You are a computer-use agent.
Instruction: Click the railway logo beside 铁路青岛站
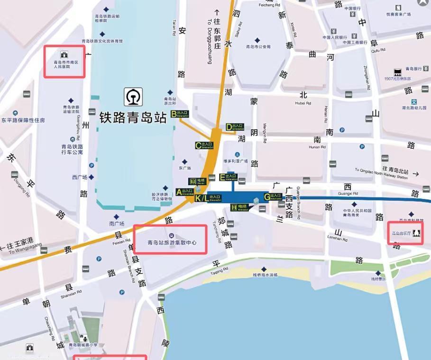click(x=133, y=97)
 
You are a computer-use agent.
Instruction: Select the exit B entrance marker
click(x=180, y=114)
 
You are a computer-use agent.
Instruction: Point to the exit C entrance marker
click(x=205, y=145)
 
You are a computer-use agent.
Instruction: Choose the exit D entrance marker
click(x=235, y=127)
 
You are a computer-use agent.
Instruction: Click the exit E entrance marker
click(x=229, y=178)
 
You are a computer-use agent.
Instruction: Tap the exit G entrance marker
click(x=273, y=196)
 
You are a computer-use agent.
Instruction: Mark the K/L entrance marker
click(x=208, y=198)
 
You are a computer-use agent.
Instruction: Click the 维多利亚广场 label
click(x=236, y=161)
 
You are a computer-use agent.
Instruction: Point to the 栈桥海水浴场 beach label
click(x=265, y=275)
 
